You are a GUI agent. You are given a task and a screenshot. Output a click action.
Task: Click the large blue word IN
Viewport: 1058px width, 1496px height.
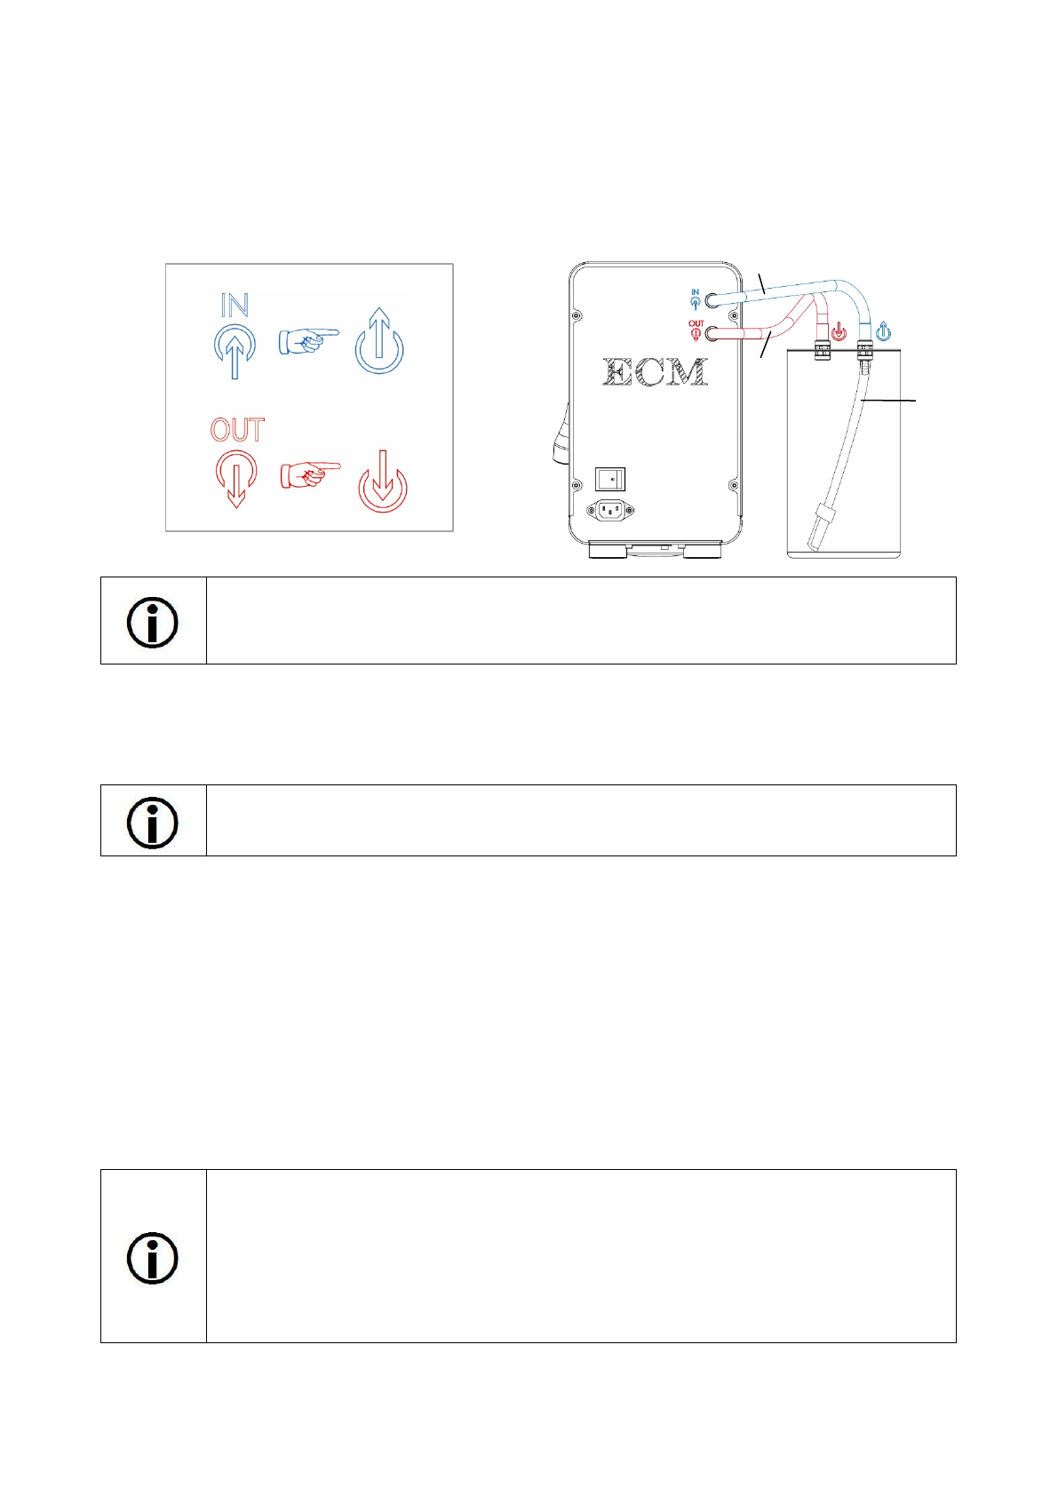[x=235, y=305]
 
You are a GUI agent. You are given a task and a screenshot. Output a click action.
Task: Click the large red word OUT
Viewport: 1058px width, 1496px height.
[x=237, y=430]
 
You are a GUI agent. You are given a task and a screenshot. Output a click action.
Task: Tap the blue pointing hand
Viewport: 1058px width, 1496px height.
[x=308, y=340]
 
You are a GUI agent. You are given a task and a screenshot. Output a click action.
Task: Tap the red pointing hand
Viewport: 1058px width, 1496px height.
[x=310, y=474]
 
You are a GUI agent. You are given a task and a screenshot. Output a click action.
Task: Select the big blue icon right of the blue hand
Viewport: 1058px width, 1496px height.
[x=379, y=340]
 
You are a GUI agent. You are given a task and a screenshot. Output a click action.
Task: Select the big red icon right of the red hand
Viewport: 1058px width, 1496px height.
[x=383, y=481]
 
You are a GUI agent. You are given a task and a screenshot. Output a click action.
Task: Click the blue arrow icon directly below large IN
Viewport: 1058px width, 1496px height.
[x=235, y=351]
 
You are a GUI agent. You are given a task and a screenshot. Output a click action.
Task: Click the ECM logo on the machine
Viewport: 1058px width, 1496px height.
[x=655, y=372]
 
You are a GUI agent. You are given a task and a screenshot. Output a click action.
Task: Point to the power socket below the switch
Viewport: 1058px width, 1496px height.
[x=609, y=511]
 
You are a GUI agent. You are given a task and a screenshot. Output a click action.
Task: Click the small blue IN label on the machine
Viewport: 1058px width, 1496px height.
[x=696, y=299]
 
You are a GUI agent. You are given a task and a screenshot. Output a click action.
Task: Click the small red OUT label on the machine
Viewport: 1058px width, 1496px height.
[x=696, y=330]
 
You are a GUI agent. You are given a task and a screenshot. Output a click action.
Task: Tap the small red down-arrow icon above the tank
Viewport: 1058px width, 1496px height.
[x=839, y=331]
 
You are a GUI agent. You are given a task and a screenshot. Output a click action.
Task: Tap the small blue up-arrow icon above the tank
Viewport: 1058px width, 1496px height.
[x=883, y=330]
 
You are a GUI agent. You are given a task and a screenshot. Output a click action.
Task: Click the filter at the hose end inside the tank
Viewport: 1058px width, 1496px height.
[x=820, y=527]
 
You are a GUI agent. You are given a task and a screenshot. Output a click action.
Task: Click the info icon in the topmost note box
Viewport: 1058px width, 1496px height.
[x=152, y=623]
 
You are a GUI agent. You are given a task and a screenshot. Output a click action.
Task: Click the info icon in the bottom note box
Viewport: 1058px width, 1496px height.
[x=152, y=1258]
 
